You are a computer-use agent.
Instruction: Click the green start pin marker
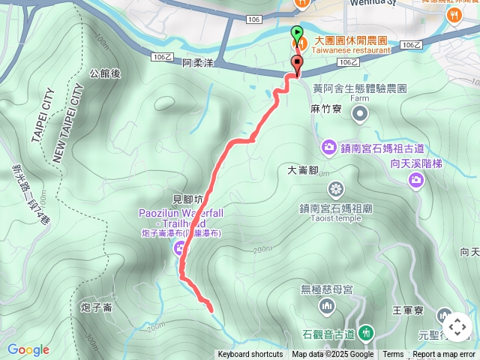[x=297, y=34]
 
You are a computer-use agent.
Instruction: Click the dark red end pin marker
[x=298, y=64]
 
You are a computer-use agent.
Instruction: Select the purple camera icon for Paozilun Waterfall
[x=180, y=247]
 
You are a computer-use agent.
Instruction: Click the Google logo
[x=28, y=349]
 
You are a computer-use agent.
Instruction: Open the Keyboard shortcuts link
[x=250, y=355]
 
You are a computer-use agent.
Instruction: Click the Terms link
[x=393, y=355]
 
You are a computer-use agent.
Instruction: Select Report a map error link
[x=444, y=355]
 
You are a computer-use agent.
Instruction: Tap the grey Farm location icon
[x=360, y=113]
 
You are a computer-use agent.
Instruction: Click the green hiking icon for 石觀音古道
[x=366, y=331]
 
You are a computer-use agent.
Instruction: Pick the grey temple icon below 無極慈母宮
[x=326, y=306]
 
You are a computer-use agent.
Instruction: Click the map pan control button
[x=457, y=327]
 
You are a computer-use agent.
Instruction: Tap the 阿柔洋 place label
[x=198, y=64]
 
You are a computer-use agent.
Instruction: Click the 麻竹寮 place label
[x=325, y=109]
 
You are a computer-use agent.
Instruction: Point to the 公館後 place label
[x=105, y=73]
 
